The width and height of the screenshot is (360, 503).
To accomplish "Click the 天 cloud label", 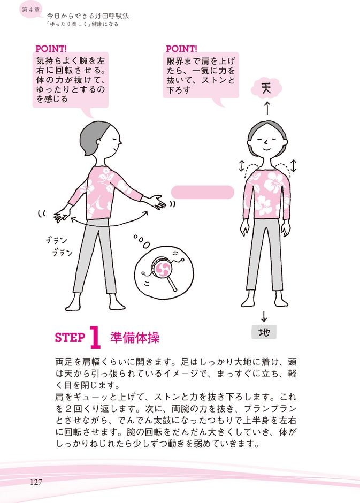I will click(266, 89).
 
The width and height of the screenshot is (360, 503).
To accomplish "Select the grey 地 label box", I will click(264, 332).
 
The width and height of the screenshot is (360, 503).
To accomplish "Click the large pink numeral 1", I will click(95, 338).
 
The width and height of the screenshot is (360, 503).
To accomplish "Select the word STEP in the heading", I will click(70, 338).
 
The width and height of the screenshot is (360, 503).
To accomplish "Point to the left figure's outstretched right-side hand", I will click(156, 202).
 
